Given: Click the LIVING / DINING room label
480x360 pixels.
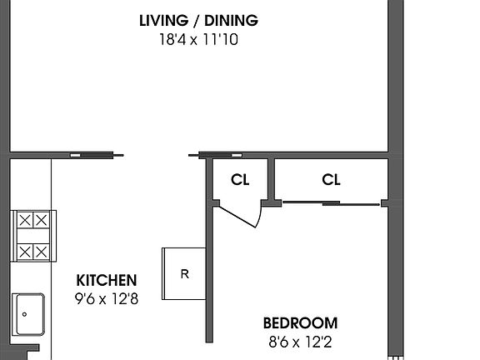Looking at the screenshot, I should tap(198, 21).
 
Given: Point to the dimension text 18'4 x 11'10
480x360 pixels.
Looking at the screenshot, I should tap(198, 38).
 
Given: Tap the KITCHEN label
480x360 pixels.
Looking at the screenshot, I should tap(107, 281).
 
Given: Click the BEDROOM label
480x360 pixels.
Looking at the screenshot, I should tap(301, 323).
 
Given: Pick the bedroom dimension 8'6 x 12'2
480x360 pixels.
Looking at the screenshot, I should tap(301, 341).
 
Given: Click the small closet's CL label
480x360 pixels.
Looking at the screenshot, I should tap(241, 179).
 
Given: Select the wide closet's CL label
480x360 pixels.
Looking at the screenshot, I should tap(331, 179).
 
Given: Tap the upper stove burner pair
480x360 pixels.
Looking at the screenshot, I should tap(34, 221).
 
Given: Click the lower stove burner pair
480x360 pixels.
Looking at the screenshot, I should tap(34, 251).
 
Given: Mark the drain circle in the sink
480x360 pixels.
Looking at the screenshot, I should tap(24, 314).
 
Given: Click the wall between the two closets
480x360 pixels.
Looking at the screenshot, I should tap(272, 179).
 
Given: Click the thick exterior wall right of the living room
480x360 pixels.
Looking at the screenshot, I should tap(395, 75).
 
